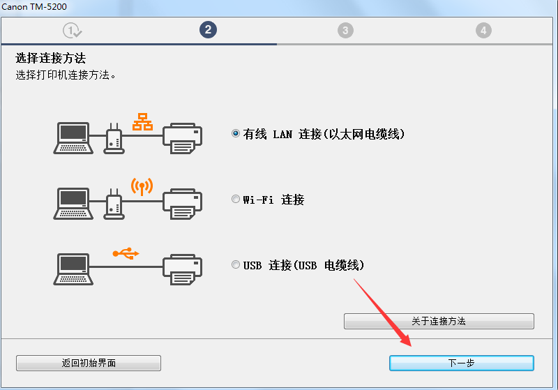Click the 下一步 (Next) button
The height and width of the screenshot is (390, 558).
(x=461, y=363)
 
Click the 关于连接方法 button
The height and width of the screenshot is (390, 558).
(x=439, y=321)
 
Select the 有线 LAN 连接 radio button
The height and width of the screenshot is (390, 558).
(x=236, y=133)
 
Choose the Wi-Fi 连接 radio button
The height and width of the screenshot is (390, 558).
(x=236, y=200)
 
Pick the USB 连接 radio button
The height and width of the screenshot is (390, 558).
(x=236, y=265)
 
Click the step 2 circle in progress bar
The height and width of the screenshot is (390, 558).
(x=207, y=30)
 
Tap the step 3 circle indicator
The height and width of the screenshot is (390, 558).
(x=345, y=30)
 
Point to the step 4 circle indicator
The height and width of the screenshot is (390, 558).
(x=483, y=30)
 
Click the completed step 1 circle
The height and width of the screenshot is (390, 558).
(x=72, y=30)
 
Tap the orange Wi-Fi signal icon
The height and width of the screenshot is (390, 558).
(x=142, y=186)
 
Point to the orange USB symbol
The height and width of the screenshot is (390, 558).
(x=126, y=253)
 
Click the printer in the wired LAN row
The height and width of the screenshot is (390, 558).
(x=183, y=137)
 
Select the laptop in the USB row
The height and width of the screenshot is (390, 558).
(x=73, y=269)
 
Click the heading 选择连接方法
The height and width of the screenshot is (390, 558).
(x=55, y=58)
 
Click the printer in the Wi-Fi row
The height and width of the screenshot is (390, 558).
(x=183, y=203)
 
